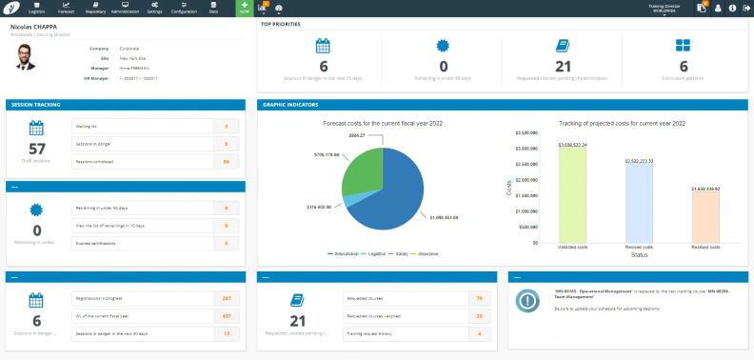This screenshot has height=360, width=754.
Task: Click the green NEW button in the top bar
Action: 243,8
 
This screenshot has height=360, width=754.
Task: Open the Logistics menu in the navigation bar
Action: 37,8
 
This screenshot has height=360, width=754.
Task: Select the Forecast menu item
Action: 66,8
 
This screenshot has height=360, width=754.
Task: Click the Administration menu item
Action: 125,8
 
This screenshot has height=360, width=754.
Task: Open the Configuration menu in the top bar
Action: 184,8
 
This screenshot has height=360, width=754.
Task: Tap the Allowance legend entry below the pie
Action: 430,254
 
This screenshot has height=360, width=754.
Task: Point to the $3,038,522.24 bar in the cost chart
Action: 571,195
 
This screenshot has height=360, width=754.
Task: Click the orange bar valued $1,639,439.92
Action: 705,219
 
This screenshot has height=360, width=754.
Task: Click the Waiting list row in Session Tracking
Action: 143,125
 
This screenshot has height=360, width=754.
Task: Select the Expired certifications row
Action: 143,243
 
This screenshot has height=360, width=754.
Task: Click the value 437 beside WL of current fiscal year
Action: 227,315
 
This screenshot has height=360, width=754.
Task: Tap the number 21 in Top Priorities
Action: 563,65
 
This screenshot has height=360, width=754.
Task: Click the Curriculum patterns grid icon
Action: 683,46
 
